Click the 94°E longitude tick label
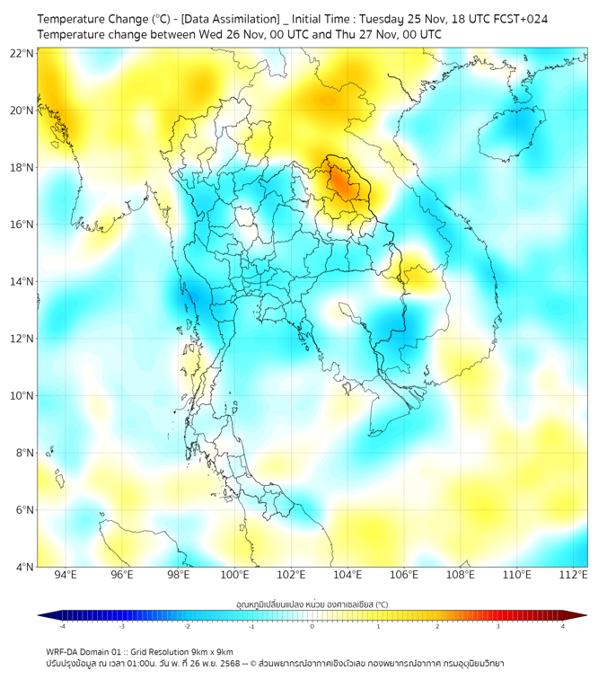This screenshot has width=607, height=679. [x=66, y=575]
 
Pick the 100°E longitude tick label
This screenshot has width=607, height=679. [x=234, y=575]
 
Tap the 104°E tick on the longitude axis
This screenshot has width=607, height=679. [x=347, y=575]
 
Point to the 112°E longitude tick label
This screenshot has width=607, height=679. [x=573, y=575]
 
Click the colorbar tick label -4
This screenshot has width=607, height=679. [x=61, y=626]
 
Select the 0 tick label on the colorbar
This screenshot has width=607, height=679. [x=312, y=626]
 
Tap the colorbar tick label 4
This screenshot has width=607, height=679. [x=563, y=626]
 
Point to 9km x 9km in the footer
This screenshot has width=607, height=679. [x=212, y=651]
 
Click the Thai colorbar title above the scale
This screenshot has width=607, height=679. [x=312, y=604]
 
